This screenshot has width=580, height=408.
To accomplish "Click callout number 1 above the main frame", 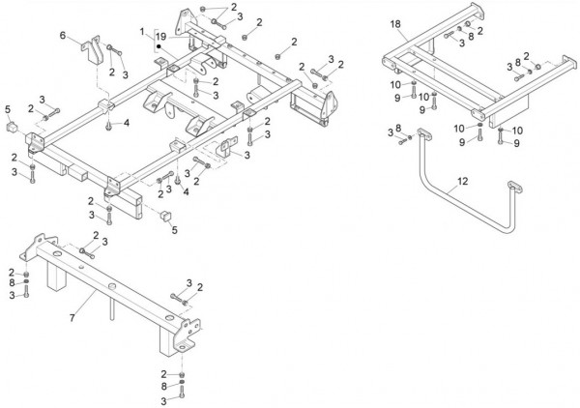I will (x=141, y=31).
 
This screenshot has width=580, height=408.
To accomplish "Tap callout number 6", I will (x=63, y=36).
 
